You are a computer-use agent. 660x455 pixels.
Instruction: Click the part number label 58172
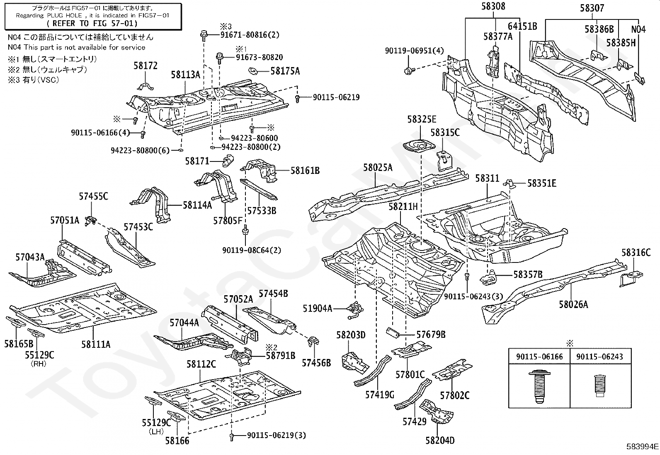tap(146, 65)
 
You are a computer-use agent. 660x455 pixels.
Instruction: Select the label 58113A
tap(186, 75)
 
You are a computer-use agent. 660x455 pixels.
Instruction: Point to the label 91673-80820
tap(260, 58)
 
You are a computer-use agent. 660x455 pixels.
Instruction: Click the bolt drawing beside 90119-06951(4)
tap(408, 71)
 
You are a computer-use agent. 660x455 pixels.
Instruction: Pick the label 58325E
tap(421, 119)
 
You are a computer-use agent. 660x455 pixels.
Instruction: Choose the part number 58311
tap(487, 178)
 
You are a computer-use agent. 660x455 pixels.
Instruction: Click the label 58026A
tap(573, 304)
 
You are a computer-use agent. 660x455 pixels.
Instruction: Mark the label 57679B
tap(431, 334)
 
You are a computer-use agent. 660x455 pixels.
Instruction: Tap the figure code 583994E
tap(642, 447)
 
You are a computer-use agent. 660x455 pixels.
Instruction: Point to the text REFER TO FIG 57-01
tap(93, 24)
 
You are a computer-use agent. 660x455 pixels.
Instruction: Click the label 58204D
tap(440, 440)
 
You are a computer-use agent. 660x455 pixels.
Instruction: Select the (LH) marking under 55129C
tap(156, 431)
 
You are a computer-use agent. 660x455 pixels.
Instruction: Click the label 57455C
tap(93, 196)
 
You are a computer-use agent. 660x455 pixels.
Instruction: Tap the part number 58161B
tap(305, 170)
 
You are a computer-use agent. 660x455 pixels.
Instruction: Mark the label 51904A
tap(318, 308)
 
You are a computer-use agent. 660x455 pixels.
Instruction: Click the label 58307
tap(592, 8)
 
